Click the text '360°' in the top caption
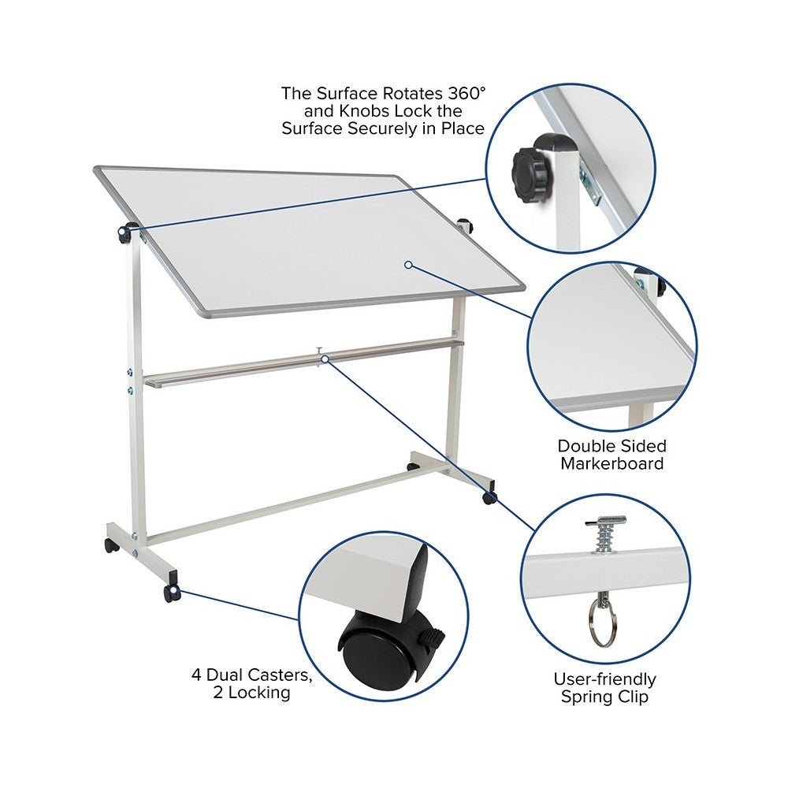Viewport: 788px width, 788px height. point(465,93)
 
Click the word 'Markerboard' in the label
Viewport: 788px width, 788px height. point(612,463)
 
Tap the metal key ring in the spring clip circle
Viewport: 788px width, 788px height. point(602,623)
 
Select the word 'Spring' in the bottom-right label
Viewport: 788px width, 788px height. point(587,697)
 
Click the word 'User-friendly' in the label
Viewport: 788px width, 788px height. point(604,679)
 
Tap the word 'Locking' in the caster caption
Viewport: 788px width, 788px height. point(259,693)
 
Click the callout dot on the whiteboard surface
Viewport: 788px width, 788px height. point(408,264)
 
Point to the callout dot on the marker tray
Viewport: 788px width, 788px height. point(325,359)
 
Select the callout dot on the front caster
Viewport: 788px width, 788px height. point(173,590)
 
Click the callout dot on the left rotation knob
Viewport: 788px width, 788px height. point(122,231)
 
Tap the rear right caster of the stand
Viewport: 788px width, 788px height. point(413,466)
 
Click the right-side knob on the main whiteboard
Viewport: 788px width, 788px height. point(466,225)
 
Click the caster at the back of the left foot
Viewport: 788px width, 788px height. point(111,545)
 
